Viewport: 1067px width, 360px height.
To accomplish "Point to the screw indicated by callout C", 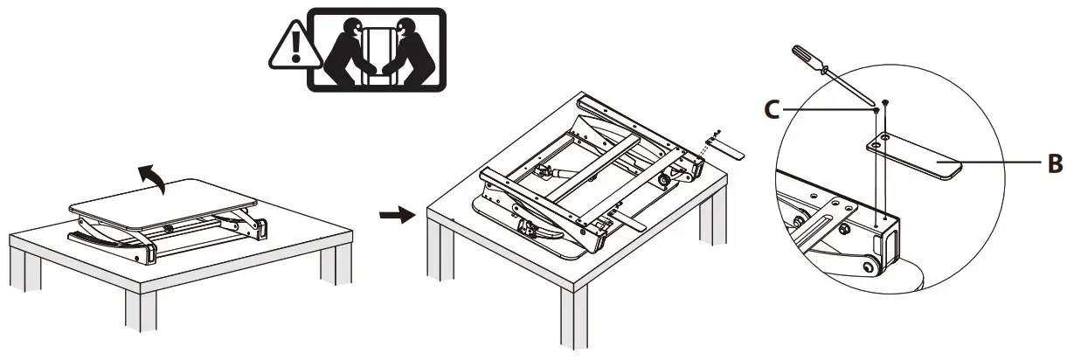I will click(875, 111).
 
